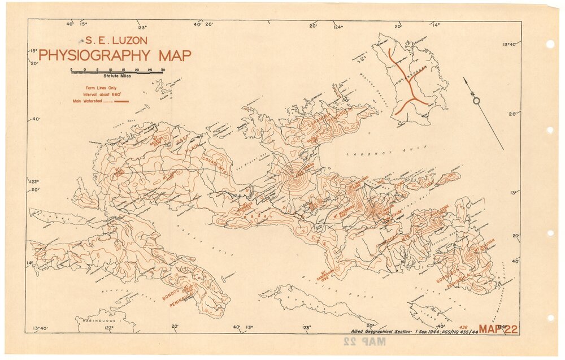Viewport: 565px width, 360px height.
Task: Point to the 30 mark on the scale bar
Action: (x=163, y=70)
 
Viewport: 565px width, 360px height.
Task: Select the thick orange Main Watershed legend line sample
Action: (x=121, y=101)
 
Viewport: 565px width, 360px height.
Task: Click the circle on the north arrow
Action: (x=476, y=101)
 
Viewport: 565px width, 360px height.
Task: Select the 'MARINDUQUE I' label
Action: (x=59, y=320)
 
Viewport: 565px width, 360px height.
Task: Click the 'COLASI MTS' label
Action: (x=211, y=161)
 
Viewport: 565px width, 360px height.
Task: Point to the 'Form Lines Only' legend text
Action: (x=99, y=89)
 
